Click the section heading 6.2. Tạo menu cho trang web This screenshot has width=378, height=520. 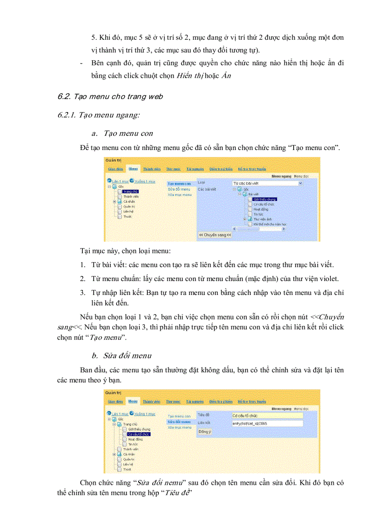pos(110,97)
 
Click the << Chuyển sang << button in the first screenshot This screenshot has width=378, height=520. pos(215,235)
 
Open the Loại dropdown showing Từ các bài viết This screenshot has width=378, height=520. pos(267,183)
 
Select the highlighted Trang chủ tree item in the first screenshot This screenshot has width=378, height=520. pos(131,191)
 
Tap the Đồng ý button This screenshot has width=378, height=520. pos(205,432)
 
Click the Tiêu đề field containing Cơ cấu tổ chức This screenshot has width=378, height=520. pos(267,415)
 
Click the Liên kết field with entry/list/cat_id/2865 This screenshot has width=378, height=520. pos(267,423)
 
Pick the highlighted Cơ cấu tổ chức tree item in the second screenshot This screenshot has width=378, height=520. pos(139,434)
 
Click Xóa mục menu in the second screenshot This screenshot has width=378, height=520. pos(179,427)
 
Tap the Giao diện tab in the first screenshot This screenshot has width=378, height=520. pos(115,169)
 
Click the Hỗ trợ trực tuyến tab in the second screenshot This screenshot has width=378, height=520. pos(252,401)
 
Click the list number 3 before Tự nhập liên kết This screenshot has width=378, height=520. pos(82,293)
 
